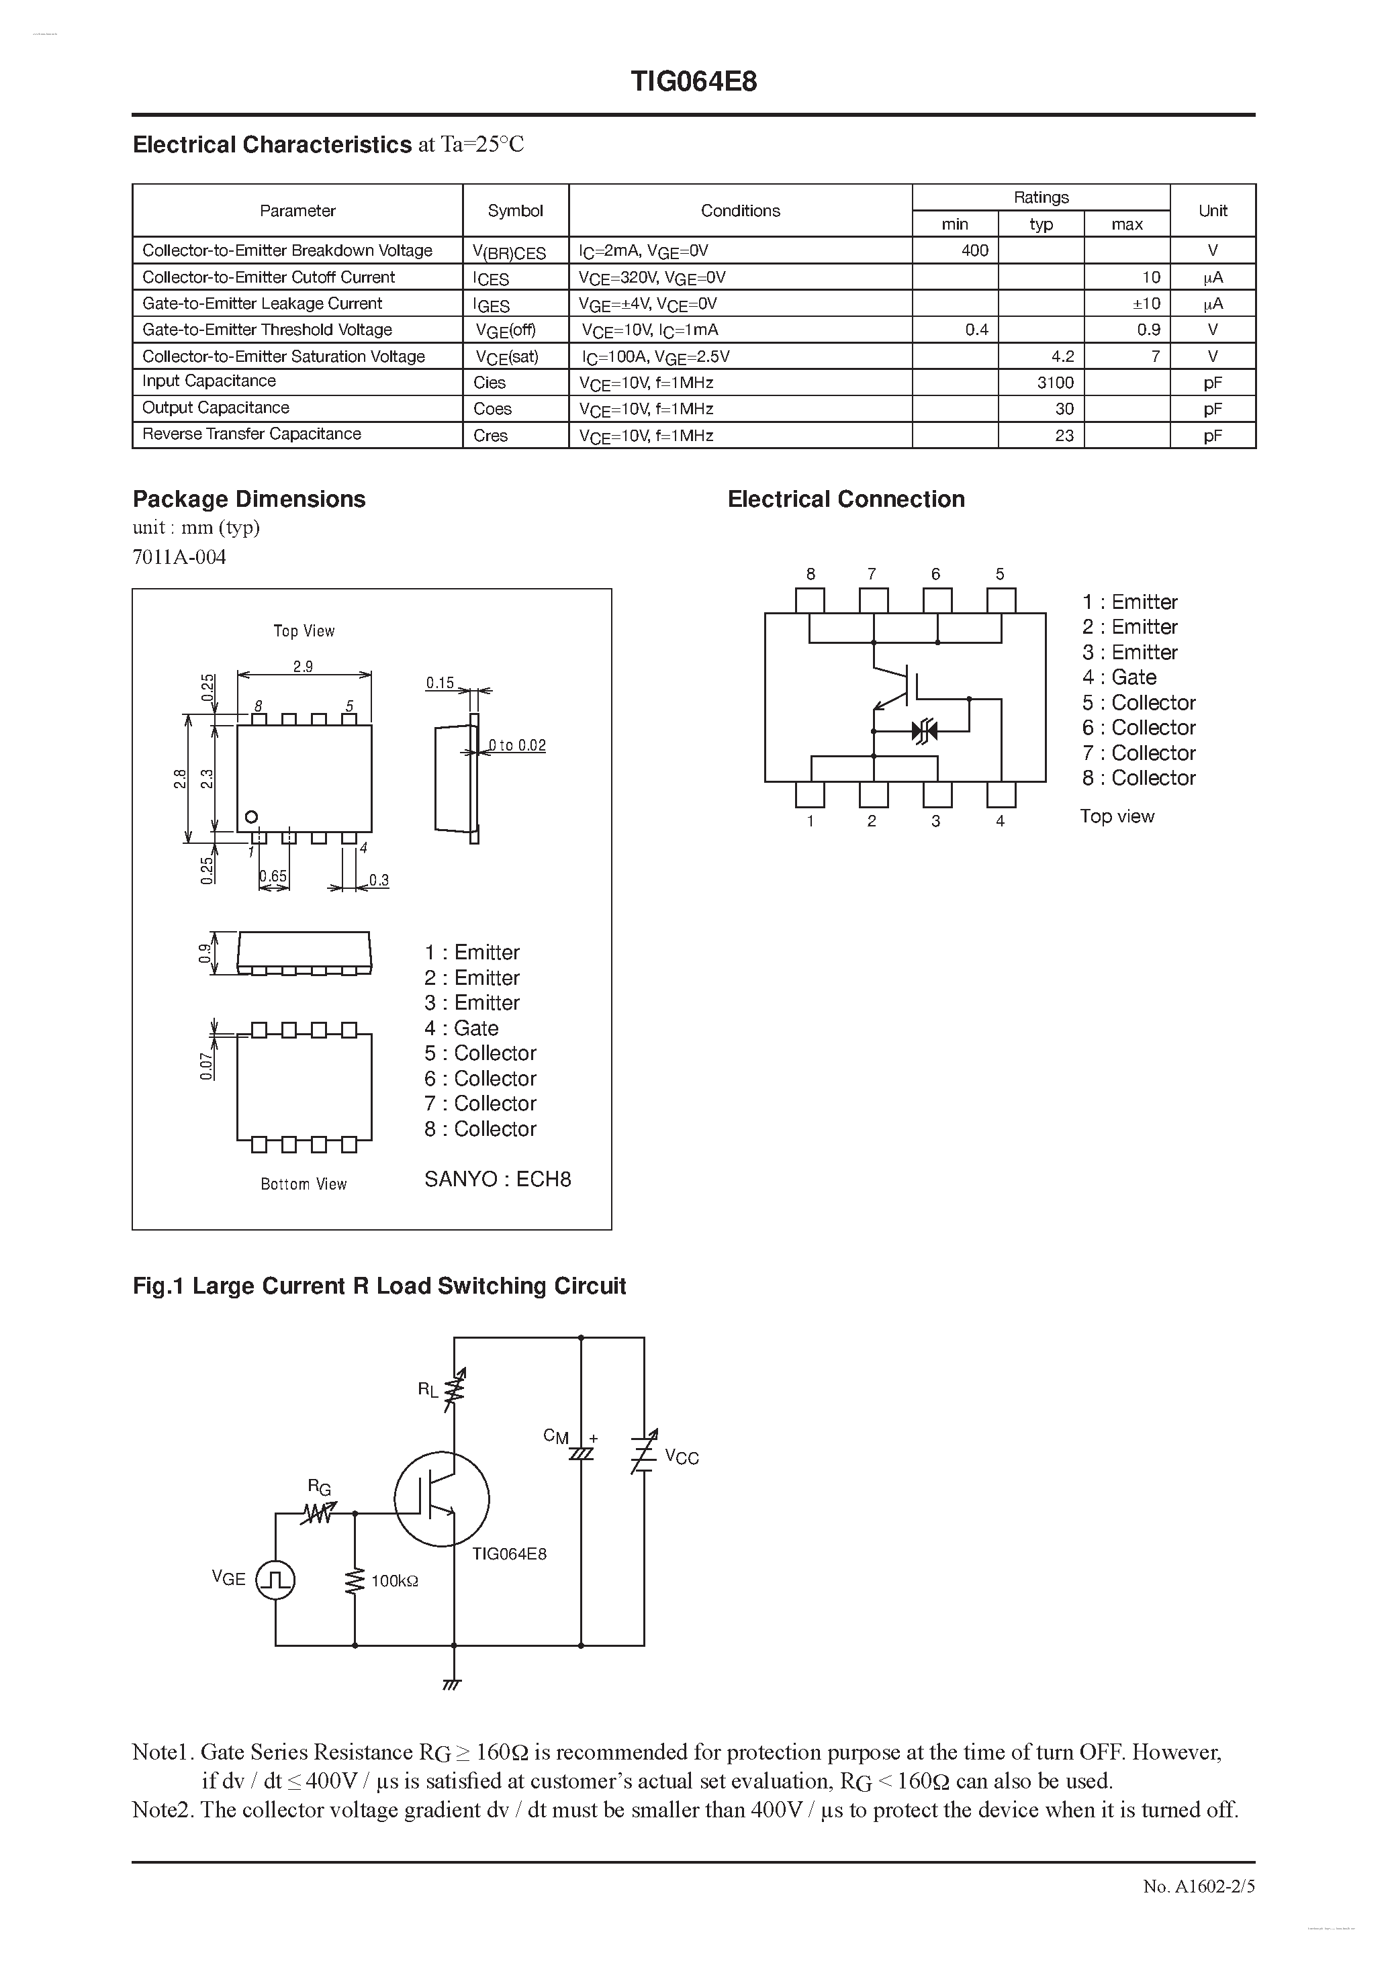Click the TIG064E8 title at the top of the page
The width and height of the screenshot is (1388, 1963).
(x=694, y=82)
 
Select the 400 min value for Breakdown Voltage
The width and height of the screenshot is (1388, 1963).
(x=974, y=250)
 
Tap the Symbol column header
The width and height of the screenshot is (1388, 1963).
(x=515, y=210)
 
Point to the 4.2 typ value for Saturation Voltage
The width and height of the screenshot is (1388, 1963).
(x=1062, y=356)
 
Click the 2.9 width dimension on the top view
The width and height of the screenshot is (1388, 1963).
(x=303, y=666)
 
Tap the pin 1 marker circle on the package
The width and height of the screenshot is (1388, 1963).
(x=251, y=817)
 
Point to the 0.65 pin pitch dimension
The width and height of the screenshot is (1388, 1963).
(x=274, y=876)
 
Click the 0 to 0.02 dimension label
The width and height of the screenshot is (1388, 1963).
(x=516, y=746)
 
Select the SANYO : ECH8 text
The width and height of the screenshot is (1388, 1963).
(x=498, y=1179)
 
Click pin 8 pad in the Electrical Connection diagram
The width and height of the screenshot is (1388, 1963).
(x=810, y=600)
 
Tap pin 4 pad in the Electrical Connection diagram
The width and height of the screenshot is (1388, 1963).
(x=1001, y=795)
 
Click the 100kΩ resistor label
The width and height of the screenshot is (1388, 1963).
(x=394, y=1582)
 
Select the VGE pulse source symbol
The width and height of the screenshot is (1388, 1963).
(x=276, y=1580)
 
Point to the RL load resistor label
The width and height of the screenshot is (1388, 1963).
(x=428, y=1389)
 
